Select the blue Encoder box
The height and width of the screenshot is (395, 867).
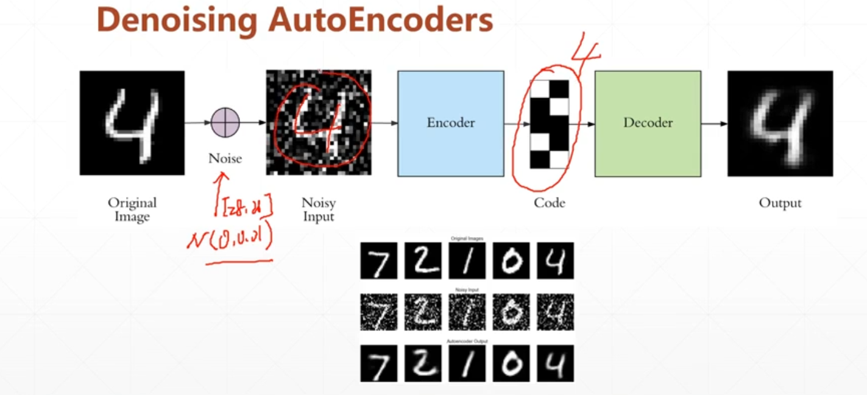[x=450, y=123]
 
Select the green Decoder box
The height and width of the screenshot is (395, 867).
[x=648, y=123]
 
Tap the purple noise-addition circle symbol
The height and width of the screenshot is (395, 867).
[x=225, y=123]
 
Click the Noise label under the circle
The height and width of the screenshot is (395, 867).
[x=225, y=158]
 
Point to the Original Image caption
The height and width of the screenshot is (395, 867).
[x=132, y=209]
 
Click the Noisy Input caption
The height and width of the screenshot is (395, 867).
[x=318, y=209]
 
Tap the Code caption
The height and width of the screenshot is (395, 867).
[x=549, y=203]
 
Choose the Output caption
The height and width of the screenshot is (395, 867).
[x=780, y=203]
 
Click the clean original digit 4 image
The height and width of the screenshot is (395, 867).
[x=132, y=123]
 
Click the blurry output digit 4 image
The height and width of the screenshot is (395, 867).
[x=780, y=123]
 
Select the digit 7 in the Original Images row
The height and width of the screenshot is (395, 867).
[x=378, y=261]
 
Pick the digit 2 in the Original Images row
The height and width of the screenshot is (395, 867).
[x=422, y=261]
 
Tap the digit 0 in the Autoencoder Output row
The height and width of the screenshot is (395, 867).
[x=511, y=364]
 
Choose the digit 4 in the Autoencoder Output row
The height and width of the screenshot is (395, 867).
[x=555, y=364]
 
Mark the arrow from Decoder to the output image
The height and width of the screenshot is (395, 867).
[x=713, y=123]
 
